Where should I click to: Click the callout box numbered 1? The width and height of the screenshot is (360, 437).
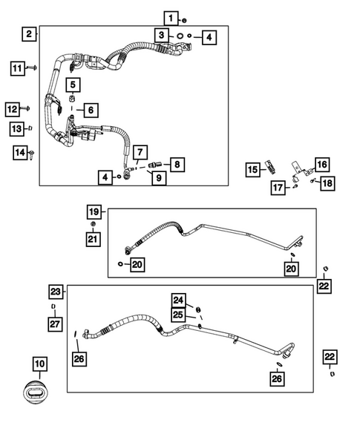pyautogui.click(x=171, y=18)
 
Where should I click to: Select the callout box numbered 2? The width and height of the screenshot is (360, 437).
pyautogui.click(x=28, y=33)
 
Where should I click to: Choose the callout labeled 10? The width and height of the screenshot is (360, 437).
pyautogui.click(x=39, y=364)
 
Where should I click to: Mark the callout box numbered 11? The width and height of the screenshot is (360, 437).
pyautogui.click(x=18, y=69)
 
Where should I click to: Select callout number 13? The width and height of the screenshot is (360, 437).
pyautogui.click(x=17, y=129)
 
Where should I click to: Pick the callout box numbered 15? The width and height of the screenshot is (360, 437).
pyautogui.click(x=253, y=170)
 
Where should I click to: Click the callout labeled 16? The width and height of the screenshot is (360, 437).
pyautogui.click(x=321, y=165)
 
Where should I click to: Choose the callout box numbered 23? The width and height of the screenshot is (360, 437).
pyautogui.click(x=56, y=292)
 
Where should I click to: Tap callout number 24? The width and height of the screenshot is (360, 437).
pyautogui.click(x=178, y=300)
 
